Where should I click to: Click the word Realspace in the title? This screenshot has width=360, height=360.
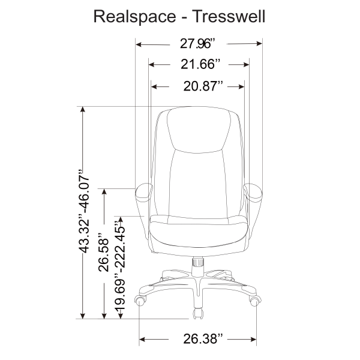[x=135, y=17]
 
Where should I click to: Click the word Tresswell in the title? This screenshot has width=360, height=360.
[x=229, y=16]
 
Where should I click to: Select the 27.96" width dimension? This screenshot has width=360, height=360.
[x=198, y=43]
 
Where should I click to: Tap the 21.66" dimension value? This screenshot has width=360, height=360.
[x=200, y=64]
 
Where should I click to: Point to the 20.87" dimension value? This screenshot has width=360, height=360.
[x=203, y=86]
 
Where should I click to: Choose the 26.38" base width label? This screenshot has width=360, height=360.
[x=203, y=338]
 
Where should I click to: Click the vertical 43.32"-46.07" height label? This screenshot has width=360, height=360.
[x=83, y=211]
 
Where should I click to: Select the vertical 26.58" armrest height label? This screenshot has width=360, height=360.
[x=103, y=253]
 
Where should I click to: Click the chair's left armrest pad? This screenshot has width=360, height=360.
[x=144, y=193]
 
